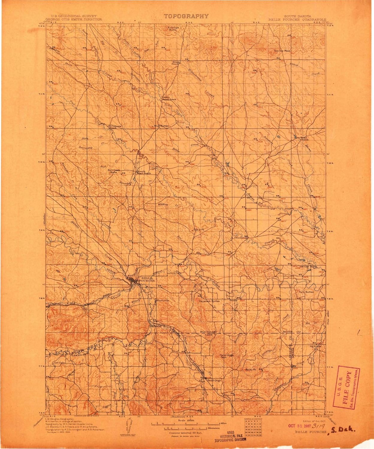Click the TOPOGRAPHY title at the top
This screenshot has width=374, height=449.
(186, 16)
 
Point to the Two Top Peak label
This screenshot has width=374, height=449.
(282, 51)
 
